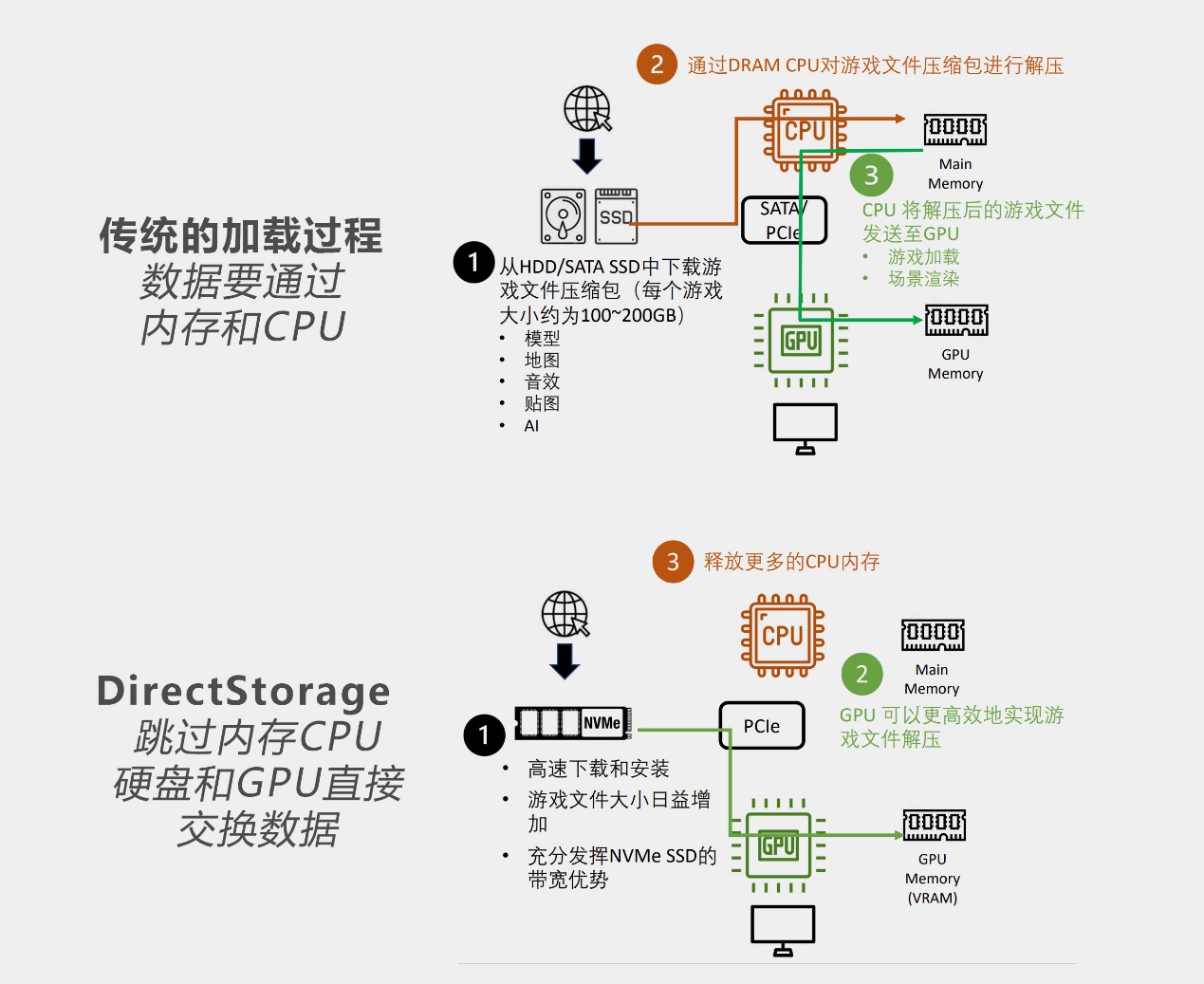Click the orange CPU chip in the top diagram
805,131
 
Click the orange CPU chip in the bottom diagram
783,635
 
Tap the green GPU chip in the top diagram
801,341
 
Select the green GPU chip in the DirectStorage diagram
778,845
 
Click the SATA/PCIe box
784,220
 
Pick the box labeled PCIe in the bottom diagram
762,726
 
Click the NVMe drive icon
573,723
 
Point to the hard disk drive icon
563,215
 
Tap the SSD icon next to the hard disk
617,215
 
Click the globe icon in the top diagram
587,108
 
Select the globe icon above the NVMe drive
565,613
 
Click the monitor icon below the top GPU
805,428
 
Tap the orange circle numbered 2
657,65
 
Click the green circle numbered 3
871,176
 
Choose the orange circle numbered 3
673,562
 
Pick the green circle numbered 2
861,674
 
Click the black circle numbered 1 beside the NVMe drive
484,735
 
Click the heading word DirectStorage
244,691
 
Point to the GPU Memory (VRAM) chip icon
934,825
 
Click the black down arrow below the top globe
587,156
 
